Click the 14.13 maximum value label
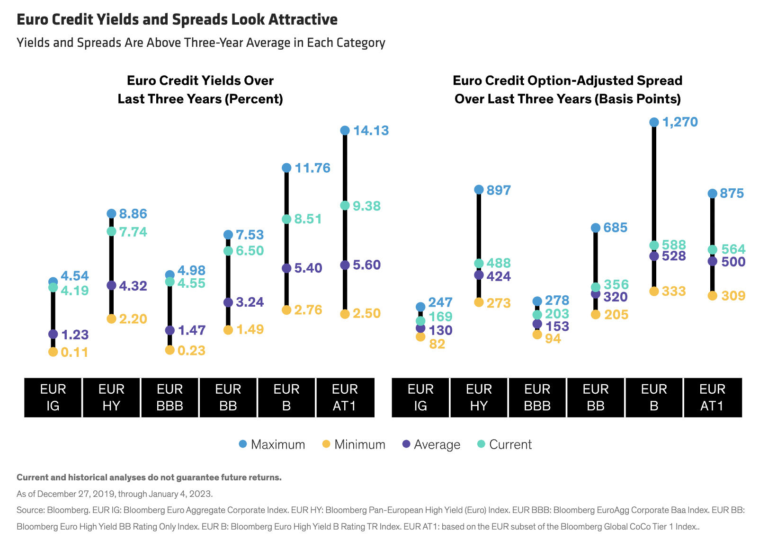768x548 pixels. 371,131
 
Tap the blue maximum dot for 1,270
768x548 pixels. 654,123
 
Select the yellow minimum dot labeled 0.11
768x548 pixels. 53,352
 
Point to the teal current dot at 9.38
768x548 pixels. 345,205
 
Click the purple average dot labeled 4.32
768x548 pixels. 111,285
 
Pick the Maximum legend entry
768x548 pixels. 272,444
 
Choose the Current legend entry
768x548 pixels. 505,444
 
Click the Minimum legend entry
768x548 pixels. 354,444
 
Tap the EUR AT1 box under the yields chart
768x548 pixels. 345,398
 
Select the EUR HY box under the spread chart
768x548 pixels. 479,398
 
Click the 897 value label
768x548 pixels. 499,190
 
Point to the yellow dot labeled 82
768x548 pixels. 420,337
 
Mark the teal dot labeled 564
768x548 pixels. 712,249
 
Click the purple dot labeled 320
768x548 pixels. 596,294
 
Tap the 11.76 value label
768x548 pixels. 312,168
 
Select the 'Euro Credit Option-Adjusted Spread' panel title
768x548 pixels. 567,80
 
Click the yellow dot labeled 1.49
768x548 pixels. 228,330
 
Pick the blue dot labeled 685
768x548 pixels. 596,228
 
